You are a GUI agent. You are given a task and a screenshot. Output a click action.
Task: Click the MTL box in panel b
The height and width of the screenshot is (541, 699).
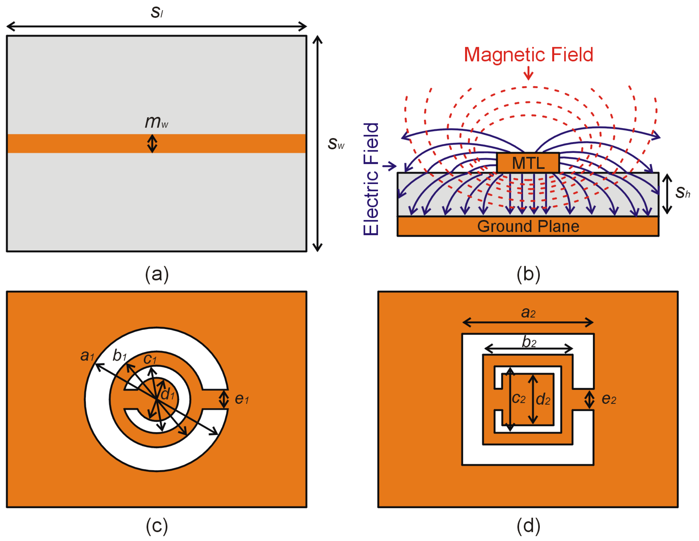[x=528, y=163]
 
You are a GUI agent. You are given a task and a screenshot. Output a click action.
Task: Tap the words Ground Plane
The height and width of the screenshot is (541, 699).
[x=528, y=226]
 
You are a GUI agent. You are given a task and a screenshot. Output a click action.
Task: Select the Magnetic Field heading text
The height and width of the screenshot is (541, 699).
[x=528, y=54]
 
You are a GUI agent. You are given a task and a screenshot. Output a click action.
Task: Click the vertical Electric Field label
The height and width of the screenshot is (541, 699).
[x=371, y=179]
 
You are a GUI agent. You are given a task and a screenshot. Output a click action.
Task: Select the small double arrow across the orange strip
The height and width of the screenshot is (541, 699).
[x=152, y=143]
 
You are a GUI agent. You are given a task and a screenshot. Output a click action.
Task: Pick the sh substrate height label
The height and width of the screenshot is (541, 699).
[x=682, y=192]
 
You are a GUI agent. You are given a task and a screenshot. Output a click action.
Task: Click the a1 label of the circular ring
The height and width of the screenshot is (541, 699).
[x=87, y=355]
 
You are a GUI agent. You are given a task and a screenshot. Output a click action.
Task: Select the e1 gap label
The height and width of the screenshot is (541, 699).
[x=242, y=398]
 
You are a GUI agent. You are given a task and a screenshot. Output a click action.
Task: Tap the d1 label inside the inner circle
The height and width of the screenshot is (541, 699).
[x=168, y=394]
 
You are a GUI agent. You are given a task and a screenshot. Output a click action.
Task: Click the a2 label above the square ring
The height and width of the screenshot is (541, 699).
[x=528, y=312]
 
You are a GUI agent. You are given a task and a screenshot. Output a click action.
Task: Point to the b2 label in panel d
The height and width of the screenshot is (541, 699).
[x=529, y=342]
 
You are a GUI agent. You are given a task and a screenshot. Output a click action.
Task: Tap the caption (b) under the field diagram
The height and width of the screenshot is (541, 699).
[x=528, y=274]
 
